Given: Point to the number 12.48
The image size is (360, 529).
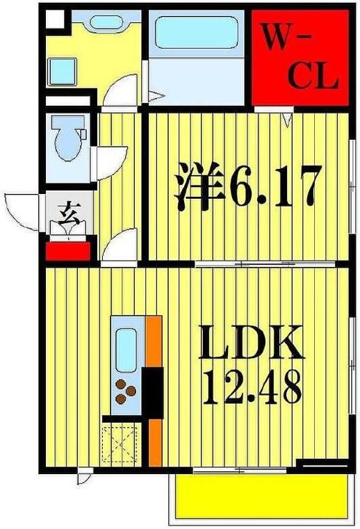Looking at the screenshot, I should [252, 387].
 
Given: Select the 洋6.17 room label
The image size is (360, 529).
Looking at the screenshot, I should [247, 186].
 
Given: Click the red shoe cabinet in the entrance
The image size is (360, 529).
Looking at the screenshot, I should [67, 250].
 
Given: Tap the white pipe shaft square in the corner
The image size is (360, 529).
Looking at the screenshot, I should [54, 18].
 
